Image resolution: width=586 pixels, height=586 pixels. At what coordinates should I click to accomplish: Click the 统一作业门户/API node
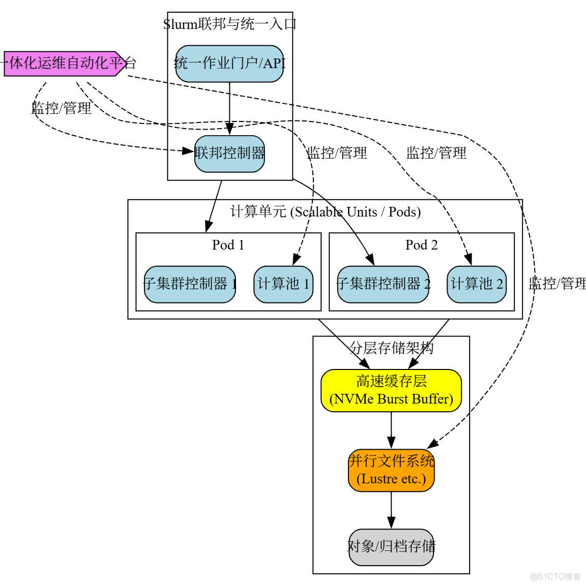[x=229, y=64]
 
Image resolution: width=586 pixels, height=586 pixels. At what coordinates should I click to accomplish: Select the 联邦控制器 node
[x=229, y=153]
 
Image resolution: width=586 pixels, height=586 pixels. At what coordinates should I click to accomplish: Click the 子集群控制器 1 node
[x=190, y=284]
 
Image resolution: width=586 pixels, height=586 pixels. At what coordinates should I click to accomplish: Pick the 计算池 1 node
[x=283, y=284]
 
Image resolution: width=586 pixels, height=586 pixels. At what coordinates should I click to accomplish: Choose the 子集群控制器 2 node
[x=383, y=284]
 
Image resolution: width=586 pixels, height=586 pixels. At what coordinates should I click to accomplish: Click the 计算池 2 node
[x=477, y=284]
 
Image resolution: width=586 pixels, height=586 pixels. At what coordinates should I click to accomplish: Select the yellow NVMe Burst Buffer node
[x=391, y=390]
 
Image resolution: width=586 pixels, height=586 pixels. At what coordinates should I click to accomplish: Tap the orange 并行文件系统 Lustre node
[x=391, y=470]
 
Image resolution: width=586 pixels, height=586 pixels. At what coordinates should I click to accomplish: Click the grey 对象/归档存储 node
[x=391, y=547]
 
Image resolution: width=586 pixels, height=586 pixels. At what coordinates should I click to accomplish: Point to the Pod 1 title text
[x=228, y=245]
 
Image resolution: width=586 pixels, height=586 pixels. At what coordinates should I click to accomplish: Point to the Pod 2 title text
[x=421, y=245]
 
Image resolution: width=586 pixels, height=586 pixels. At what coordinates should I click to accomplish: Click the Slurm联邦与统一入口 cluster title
[x=230, y=24]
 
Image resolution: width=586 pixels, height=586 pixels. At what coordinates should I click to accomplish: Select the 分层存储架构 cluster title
[x=391, y=348]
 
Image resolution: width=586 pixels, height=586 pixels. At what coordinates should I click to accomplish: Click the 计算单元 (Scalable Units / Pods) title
[x=325, y=212]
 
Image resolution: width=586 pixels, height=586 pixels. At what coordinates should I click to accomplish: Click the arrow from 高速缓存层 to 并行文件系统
[x=391, y=430]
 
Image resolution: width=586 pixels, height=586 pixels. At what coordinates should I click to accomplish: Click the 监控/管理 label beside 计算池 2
[x=557, y=284]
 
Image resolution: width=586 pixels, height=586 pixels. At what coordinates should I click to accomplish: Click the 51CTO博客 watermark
[x=555, y=576]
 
